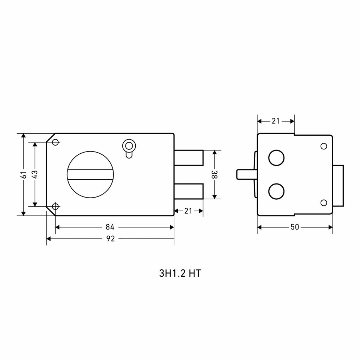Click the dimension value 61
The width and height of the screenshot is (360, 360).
24,174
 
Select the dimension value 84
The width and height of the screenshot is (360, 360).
110,227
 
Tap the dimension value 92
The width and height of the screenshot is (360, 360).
110,239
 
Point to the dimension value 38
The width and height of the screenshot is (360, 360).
214,174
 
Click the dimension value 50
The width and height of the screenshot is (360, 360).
295,227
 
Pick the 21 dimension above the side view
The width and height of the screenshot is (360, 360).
276,121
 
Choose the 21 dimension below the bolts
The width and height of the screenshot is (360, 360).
188,211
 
